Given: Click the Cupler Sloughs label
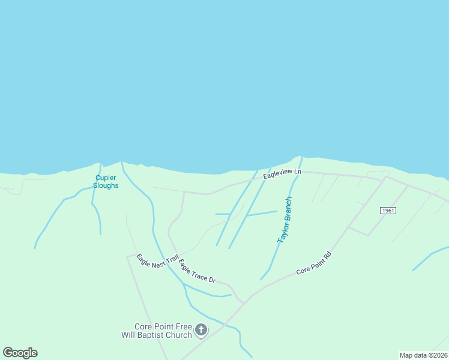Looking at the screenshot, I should tap(106, 181).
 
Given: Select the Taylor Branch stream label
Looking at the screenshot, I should tap(285, 220).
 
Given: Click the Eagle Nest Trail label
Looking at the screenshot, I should tap(157, 262).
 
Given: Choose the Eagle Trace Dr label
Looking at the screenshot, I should tap(197, 271).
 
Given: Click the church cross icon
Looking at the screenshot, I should tap(201, 329).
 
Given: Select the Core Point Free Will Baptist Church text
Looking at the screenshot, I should tap(163, 331).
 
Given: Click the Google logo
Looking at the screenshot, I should tap(20, 353).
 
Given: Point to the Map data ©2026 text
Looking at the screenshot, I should tap(424, 355).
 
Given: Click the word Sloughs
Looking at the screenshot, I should tap(106, 185).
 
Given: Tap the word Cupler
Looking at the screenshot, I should tap(106, 177).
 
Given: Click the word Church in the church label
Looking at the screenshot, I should tap(179, 335).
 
